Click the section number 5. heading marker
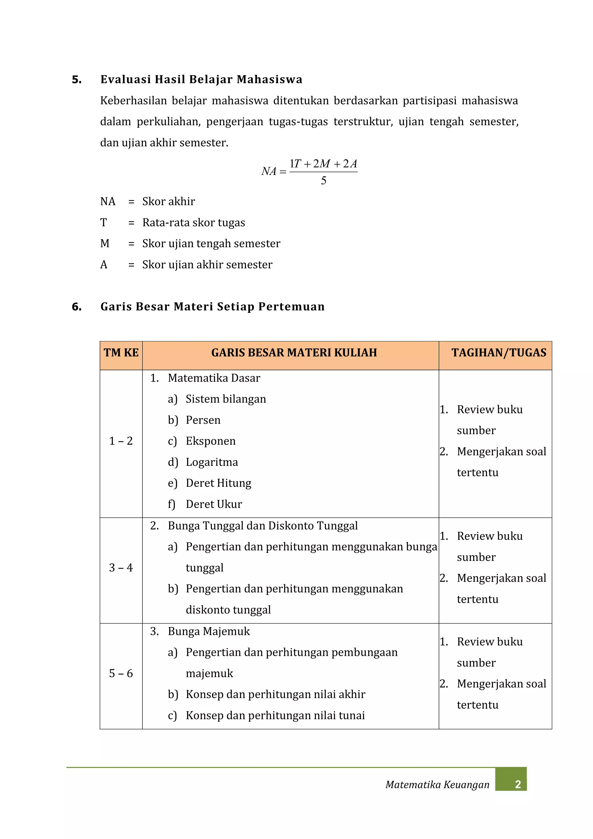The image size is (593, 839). click(x=77, y=80)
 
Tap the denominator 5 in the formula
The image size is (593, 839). click(x=323, y=180)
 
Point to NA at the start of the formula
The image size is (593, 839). click(x=269, y=171)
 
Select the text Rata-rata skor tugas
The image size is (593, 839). click(x=193, y=222)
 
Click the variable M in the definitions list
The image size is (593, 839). click(x=105, y=243)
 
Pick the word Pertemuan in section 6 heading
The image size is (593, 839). click(x=291, y=306)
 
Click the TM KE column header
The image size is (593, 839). click(x=121, y=353)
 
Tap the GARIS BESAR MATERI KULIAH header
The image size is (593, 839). click(x=294, y=353)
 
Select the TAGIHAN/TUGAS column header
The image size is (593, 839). click(x=499, y=353)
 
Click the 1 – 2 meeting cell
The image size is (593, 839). click(x=121, y=441)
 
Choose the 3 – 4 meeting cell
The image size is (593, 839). click(x=121, y=568)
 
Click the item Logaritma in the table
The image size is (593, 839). click(x=212, y=462)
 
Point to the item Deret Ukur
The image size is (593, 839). click(x=214, y=504)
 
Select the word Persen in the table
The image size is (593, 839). click(x=203, y=420)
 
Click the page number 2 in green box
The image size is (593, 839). click(x=517, y=785)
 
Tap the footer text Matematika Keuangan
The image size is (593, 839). click(x=437, y=785)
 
